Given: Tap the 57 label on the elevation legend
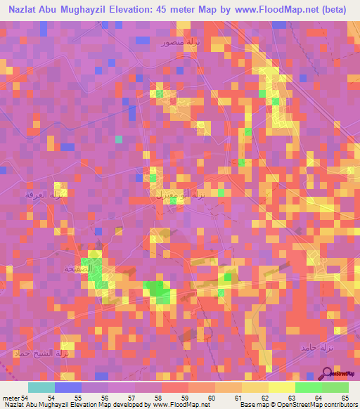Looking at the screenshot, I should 131,398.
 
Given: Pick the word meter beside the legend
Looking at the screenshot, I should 11,398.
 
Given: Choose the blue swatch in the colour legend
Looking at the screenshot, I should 67,387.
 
